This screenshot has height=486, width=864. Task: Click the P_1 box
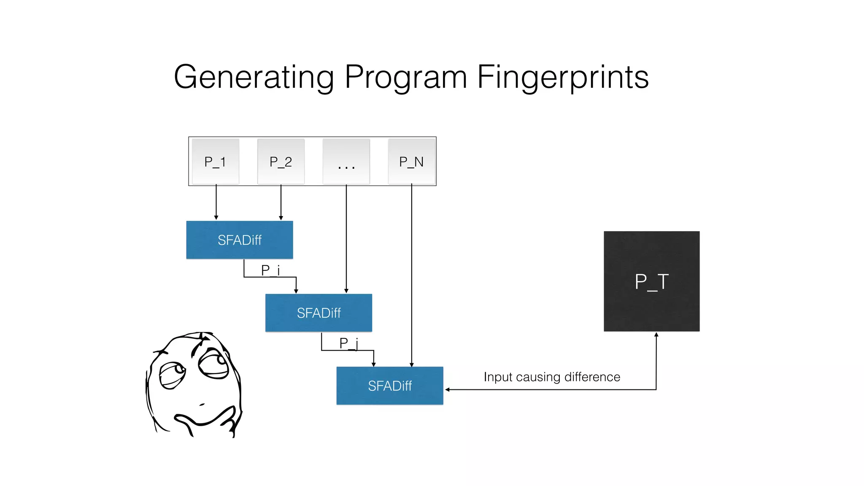(215, 162)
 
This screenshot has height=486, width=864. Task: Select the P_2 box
(281, 162)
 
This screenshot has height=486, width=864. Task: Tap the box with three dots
(346, 162)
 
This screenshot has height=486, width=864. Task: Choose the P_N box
(411, 162)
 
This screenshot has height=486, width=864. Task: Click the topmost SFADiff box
(240, 240)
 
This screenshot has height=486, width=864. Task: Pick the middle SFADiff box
(319, 313)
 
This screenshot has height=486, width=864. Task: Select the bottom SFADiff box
(389, 386)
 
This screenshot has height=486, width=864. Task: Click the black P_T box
(651, 281)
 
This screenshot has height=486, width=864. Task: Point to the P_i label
(270, 270)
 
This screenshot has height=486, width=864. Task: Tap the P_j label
(348, 343)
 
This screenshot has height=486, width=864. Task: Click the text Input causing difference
(552, 377)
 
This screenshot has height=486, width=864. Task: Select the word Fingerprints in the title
(563, 77)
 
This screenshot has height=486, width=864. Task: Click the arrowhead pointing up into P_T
(656, 335)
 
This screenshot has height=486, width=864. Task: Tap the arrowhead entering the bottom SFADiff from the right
(448, 389)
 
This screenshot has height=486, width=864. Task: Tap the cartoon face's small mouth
(202, 405)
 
